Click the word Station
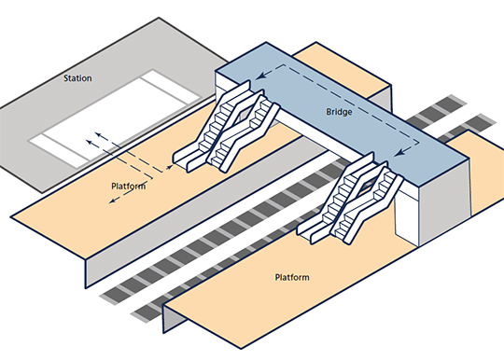(77, 78)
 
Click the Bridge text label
(340, 111)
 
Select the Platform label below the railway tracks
(294, 278)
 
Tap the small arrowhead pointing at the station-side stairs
(169, 166)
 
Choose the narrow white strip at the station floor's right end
(173, 97)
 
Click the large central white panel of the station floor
(112, 117)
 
